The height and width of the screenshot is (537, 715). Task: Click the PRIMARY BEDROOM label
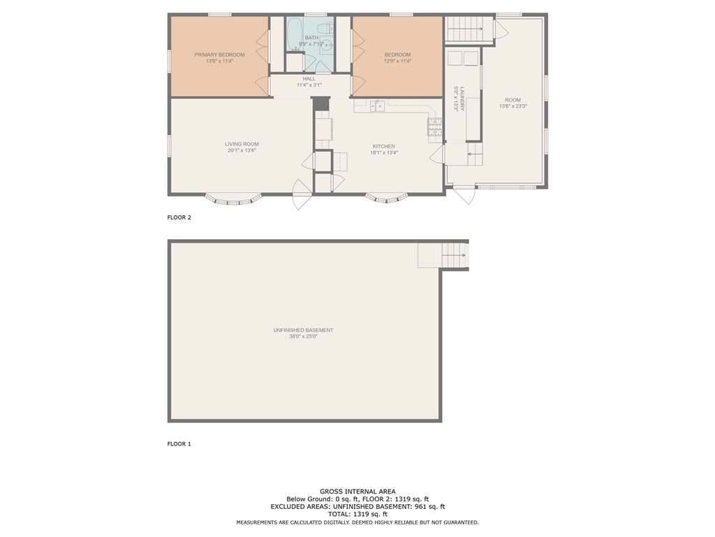pyautogui.click(x=219, y=55)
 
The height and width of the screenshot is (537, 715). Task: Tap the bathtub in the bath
pyautogui.click(x=295, y=34)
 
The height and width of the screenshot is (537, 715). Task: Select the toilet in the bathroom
pyautogui.click(x=326, y=28)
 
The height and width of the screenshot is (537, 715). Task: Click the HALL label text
pyautogui.click(x=309, y=78)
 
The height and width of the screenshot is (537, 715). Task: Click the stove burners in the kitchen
pyautogui.click(x=434, y=127)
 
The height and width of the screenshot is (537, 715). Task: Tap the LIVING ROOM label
pyautogui.click(x=242, y=144)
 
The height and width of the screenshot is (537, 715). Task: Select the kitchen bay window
pyautogui.click(x=386, y=199)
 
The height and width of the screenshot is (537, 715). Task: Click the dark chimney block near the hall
pyautogui.click(x=320, y=103)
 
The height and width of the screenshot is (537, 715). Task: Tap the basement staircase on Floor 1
pyautogui.click(x=454, y=255)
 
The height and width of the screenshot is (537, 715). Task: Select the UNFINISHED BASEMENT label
pyautogui.click(x=303, y=330)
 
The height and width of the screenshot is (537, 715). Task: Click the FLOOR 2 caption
pyautogui.click(x=179, y=217)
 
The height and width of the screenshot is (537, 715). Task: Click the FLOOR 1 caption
pyautogui.click(x=179, y=444)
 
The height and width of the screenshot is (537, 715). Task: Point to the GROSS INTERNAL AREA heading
pyautogui.click(x=357, y=492)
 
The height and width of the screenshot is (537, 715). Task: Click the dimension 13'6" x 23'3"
pyautogui.click(x=513, y=106)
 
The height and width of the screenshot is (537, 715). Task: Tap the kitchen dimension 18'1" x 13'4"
pyautogui.click(x=384, y=153)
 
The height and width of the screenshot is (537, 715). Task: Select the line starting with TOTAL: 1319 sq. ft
pyautogui.click(x=357, y=514)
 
